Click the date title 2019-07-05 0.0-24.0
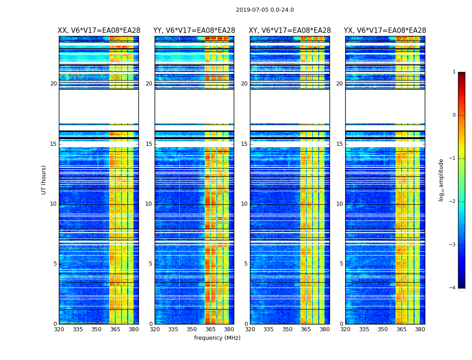pos(265,10)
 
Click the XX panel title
pos(99,31)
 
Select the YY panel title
pos(194,31)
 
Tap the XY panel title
pos(289,31)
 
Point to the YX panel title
pos(385,31)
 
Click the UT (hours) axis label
pos(44,180)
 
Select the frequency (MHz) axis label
pos(217,338)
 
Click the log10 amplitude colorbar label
pos(441,180)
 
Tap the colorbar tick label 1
pos(454,72)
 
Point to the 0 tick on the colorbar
pos(454,115)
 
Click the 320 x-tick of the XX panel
pos(59,329)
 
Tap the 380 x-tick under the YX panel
pos(420,329)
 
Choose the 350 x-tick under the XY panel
pos(287,329)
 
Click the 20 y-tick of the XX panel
pos(53,84)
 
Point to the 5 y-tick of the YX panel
pos(341,264)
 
